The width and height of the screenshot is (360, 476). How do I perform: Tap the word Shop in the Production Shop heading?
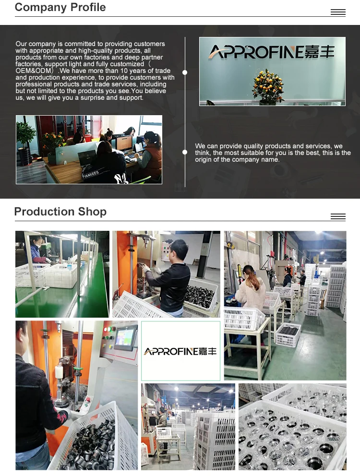coord(92,212)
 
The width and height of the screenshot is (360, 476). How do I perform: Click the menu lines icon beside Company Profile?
coord(338,12)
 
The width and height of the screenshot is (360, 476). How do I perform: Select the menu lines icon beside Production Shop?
coord(338,217)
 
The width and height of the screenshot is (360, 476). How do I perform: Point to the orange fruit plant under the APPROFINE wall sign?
coord(268,87)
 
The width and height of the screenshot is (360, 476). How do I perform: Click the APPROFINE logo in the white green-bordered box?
coord(180,352)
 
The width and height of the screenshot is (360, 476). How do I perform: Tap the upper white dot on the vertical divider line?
coord(185,72)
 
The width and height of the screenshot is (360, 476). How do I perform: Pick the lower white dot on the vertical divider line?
coord(185,152)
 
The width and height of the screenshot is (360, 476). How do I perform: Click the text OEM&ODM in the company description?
coord(34,71)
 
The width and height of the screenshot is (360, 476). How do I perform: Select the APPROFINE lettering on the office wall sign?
coord(256,52)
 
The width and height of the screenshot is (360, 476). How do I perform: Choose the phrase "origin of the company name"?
coord(237,159)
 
